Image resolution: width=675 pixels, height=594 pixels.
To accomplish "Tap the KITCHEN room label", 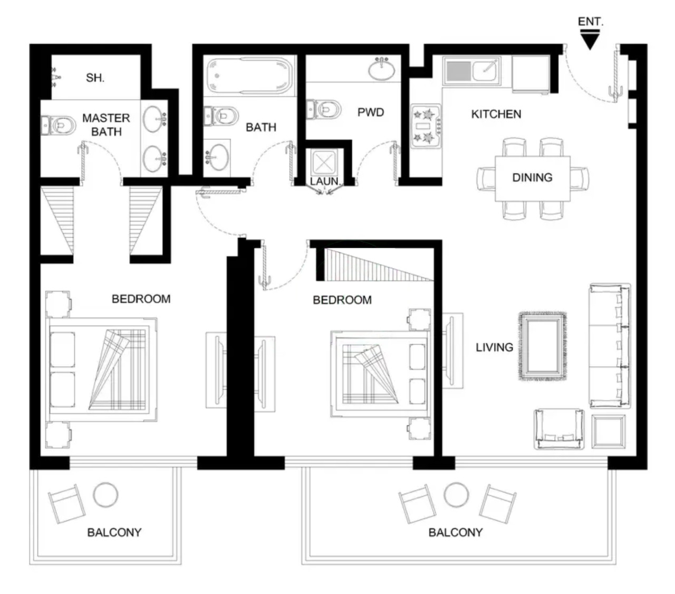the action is tap(496, 114).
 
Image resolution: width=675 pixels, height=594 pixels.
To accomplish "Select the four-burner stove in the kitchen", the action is tap(426, 126).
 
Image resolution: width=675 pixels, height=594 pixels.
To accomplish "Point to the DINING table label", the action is tap(532, 177).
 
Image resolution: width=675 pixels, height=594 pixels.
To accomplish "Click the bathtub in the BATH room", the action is tap(249, 77).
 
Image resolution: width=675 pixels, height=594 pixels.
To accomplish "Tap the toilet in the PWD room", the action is tap(323, 109).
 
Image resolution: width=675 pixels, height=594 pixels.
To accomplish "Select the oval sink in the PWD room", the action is tap(381, 69).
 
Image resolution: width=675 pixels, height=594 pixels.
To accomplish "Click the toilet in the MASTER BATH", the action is tap(58, 125).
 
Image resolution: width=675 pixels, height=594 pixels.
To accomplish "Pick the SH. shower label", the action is tap(95, 78).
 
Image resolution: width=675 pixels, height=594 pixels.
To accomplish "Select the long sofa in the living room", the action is tap(610, 345).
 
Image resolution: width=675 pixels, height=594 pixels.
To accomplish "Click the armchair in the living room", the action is tap(559, 429).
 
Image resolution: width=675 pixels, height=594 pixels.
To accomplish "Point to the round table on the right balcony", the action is tap(456, 495).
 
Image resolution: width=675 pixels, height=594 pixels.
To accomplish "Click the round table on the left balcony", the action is tap(105, 495).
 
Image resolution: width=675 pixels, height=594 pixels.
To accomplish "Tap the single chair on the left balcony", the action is tap(66, 504).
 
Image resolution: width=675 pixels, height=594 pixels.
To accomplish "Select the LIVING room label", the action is tap(494, 347).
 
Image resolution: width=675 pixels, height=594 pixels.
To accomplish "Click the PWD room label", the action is tap(371, 112).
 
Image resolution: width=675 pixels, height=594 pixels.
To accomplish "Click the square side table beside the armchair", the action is tap(608, 431).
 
